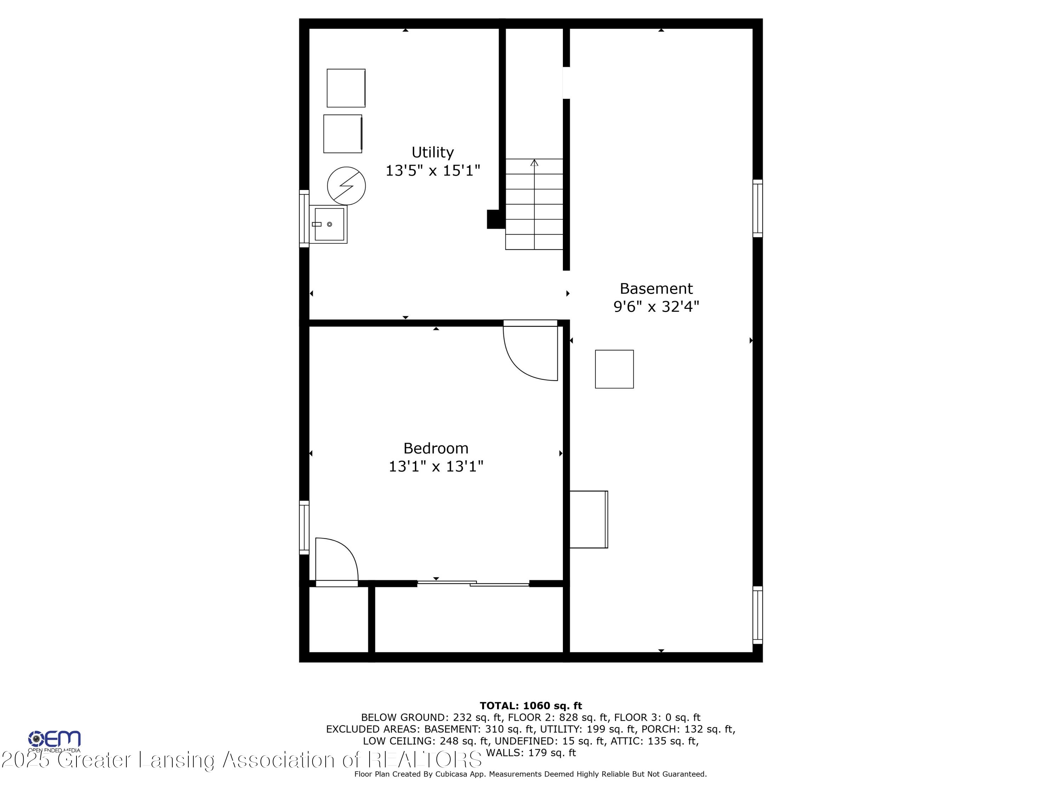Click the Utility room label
433,152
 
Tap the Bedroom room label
436,448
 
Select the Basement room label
656,288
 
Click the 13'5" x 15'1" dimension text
433,170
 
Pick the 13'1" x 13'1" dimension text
436,466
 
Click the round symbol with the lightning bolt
346,186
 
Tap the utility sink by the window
329,224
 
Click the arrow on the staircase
534,204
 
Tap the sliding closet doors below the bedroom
473,583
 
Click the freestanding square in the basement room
615,369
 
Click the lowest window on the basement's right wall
758,615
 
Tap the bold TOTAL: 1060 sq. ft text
531,705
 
